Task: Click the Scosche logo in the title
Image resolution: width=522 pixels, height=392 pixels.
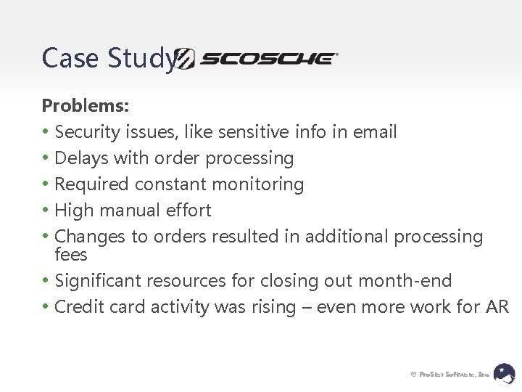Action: tap(258, 59)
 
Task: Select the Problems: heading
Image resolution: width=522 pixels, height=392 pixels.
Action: tap(86, 106)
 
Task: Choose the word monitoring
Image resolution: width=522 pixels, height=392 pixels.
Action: tap(259, 184)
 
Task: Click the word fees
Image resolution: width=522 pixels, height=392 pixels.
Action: tap(71, 255)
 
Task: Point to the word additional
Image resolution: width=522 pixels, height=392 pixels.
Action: tap(349, 237)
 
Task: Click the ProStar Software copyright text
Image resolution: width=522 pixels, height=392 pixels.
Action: tap(450, 374)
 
